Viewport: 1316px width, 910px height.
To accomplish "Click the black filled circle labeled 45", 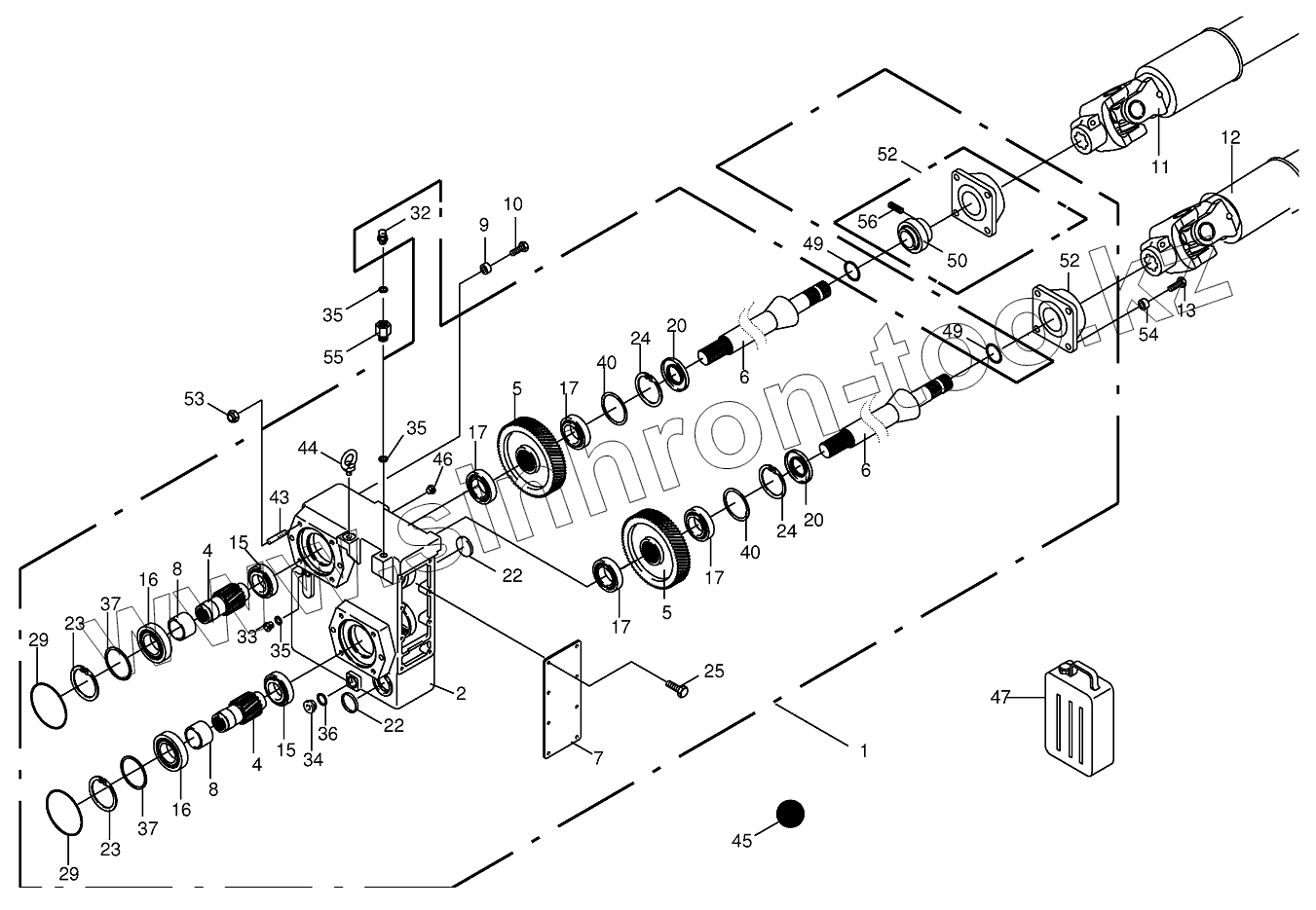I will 789,814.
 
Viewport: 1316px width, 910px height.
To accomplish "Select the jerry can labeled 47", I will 1078,710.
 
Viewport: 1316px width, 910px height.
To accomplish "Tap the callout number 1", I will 863,751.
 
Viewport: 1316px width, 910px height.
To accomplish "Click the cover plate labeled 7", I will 561,698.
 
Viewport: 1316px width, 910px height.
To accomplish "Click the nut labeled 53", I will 233,416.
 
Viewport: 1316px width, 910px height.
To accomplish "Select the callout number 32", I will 420,212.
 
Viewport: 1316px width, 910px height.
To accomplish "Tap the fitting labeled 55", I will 384,328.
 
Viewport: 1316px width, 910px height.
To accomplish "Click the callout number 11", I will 1159,166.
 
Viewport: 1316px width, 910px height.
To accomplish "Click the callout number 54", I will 1149,334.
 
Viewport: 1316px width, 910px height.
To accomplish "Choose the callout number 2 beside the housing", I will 461,693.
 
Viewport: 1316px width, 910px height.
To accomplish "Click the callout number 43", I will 280,496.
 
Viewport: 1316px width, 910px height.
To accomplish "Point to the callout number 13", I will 1185,310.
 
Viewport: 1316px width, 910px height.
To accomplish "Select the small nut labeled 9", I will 484,267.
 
